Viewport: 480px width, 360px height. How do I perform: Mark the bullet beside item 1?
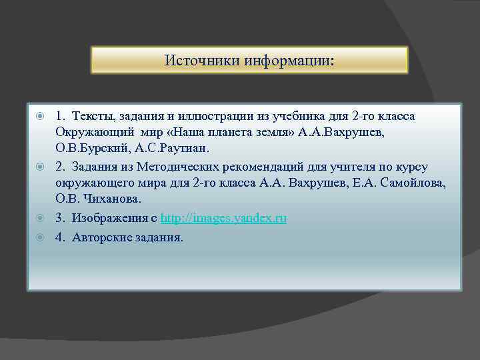[40, 117]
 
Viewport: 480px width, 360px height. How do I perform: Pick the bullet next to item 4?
[40, 237]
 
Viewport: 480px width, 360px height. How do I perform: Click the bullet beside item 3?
[40, 219]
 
